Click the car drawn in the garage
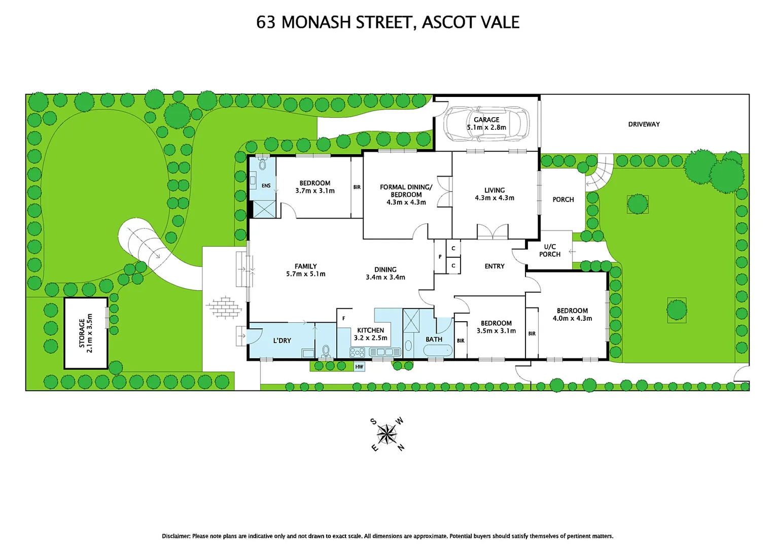click(486, 124)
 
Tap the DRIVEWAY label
click(644, 124)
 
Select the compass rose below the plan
click(387, 434)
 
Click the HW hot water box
click(359, 366)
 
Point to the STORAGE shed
click(86, 333)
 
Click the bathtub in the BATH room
click(437, 350)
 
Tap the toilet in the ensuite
click(262, 164)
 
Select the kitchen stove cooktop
click(358, 352)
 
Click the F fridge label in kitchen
click(343, 319)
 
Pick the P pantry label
click(440, 257)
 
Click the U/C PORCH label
click(550, 251)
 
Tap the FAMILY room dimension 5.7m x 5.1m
click(305, 274)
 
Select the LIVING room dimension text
click(494, 198)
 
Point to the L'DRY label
click(282, 340)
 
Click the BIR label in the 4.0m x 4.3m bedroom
click(532, 333)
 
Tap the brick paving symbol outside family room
click(224, 307)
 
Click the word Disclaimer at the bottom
click(176, 536)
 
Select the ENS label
click(266, 186)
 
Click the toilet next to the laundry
click(326, 351)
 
